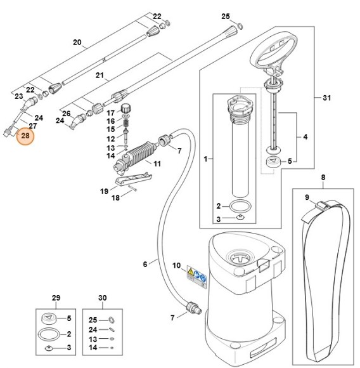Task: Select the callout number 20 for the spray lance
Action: pos(78,43)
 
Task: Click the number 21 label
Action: pos(99,76)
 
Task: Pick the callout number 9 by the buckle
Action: pos(307,197)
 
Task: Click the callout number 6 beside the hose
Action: pos(146,264)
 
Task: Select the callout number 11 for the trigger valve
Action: pos(157,164)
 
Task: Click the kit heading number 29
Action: pos(56,298)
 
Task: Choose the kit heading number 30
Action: pos(103,298)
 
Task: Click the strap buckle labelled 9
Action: pos(321,205)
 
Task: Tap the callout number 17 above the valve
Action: pos(110,112)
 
